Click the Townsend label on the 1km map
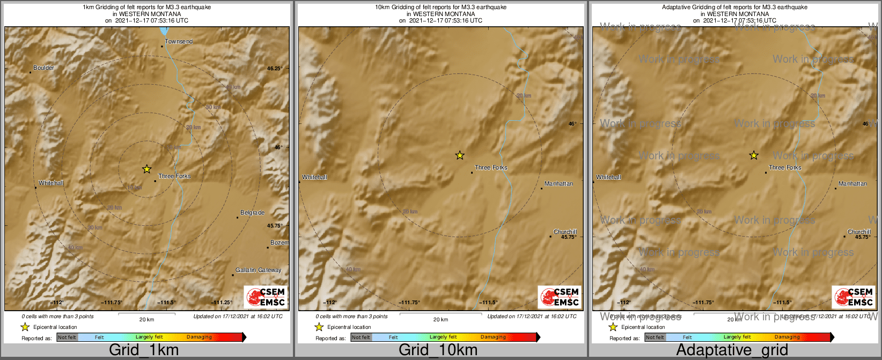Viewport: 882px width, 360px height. tap(179, 41)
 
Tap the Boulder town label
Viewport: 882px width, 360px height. tap(44, 68)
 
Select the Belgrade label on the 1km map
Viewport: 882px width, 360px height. tap(252, 212)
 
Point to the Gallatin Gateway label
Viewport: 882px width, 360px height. tap(258, 270)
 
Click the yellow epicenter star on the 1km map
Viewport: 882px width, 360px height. tap(146, 169)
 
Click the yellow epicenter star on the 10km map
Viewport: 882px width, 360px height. tap(460, 156)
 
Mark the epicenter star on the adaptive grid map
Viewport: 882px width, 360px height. tap(754, 156)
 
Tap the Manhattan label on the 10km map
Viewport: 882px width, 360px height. tap(558, 183)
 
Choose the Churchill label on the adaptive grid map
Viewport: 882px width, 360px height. tap(859, 232)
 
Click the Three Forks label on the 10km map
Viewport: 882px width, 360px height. tap(491, 167)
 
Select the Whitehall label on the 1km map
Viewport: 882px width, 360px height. tap(51, 183)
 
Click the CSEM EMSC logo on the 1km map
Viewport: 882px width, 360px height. tap(266, 297)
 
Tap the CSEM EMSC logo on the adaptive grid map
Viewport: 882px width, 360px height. tap(854, 297)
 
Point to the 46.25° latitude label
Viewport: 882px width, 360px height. tap(275, 68)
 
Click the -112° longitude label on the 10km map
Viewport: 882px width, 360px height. tap(330, 303)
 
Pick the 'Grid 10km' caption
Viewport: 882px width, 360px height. tap(438, 350)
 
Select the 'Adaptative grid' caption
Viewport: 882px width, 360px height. tap(732, 350)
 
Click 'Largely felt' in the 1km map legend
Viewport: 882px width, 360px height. tap(149, 337)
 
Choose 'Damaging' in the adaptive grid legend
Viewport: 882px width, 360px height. tap(787, 337)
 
